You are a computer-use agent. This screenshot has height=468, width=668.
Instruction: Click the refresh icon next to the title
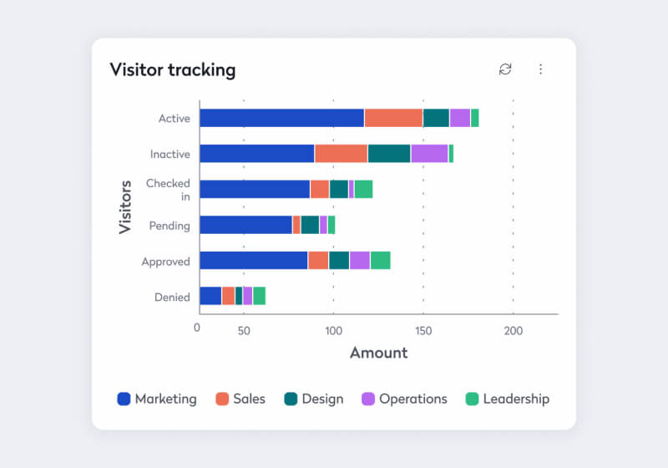[x=505, y=69]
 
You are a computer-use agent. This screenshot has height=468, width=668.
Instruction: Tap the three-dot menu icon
[x=540, y=69]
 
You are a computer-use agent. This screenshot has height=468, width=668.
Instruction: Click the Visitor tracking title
[x=172, y=69]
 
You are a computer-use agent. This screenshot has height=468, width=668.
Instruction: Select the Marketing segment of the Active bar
[x=281, y=118]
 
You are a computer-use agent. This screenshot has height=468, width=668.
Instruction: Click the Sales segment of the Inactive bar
[x=341, y=154]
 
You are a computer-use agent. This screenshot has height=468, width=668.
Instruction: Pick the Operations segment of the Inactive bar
[x=429, y=154]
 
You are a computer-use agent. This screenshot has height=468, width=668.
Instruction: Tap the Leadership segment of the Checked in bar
[x=363, y=189]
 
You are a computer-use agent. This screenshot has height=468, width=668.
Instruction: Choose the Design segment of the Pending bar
[x=310, y=225]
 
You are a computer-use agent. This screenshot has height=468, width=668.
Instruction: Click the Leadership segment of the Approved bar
[x=380, y=260]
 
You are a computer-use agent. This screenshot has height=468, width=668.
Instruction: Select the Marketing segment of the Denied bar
[x=210, y=296]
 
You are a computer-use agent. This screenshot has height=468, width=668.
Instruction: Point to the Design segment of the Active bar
[x=436, y=118]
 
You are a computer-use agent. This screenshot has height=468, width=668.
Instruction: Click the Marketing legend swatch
[x=124, y=399]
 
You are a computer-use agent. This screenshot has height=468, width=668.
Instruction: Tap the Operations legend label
[x=412, y=399]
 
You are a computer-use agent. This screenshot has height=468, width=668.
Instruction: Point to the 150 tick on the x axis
[x=423, y=331]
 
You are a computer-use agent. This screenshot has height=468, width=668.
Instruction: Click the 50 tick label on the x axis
[x=244, y=331]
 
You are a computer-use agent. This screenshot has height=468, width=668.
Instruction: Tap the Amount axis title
[x=378, y=353]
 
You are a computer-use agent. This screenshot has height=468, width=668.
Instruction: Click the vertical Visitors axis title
[x=126, y=206]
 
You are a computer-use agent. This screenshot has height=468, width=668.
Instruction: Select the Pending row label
[x=170, y=225]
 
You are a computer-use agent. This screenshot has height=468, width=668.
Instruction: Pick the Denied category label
[x=172, y=297]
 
